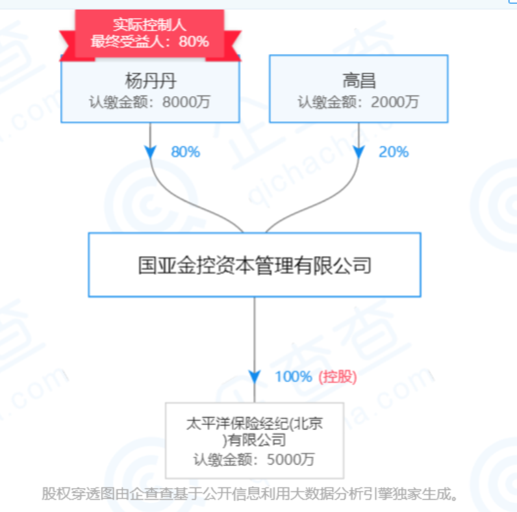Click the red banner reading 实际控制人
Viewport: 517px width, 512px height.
pyautogui.click(x=149, y=25)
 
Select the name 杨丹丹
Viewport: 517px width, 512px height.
pyautogui.click(x=150, y=81)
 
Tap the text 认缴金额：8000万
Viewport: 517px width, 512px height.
pyautogui.click(x=150, y=102)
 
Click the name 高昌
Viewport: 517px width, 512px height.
pyautogui.click(x=359, y=81)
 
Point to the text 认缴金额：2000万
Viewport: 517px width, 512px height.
pyautogui.click(x=359, y=102)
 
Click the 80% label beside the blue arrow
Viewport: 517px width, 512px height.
pyautogui.click(x=185, y=152)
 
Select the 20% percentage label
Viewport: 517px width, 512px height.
pyautogui.click(x=393, y=152)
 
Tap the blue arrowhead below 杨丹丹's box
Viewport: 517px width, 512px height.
pyautogui.click(x=151, y=151)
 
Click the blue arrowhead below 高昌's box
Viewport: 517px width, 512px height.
pyautogui.click(x=359, y=151)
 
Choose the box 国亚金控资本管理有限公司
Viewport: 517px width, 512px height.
pyautogui.click(x=254, y=265)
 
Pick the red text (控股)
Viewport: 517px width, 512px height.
pyautogui.click(x=337, y=377)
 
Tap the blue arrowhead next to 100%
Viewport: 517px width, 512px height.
pyautogui.click(x=254, y=377)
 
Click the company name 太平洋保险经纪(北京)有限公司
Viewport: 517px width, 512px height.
pyautogui.click(x=254, y=432)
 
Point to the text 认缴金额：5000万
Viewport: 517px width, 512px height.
pyautogui.click(x=254, y=459)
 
